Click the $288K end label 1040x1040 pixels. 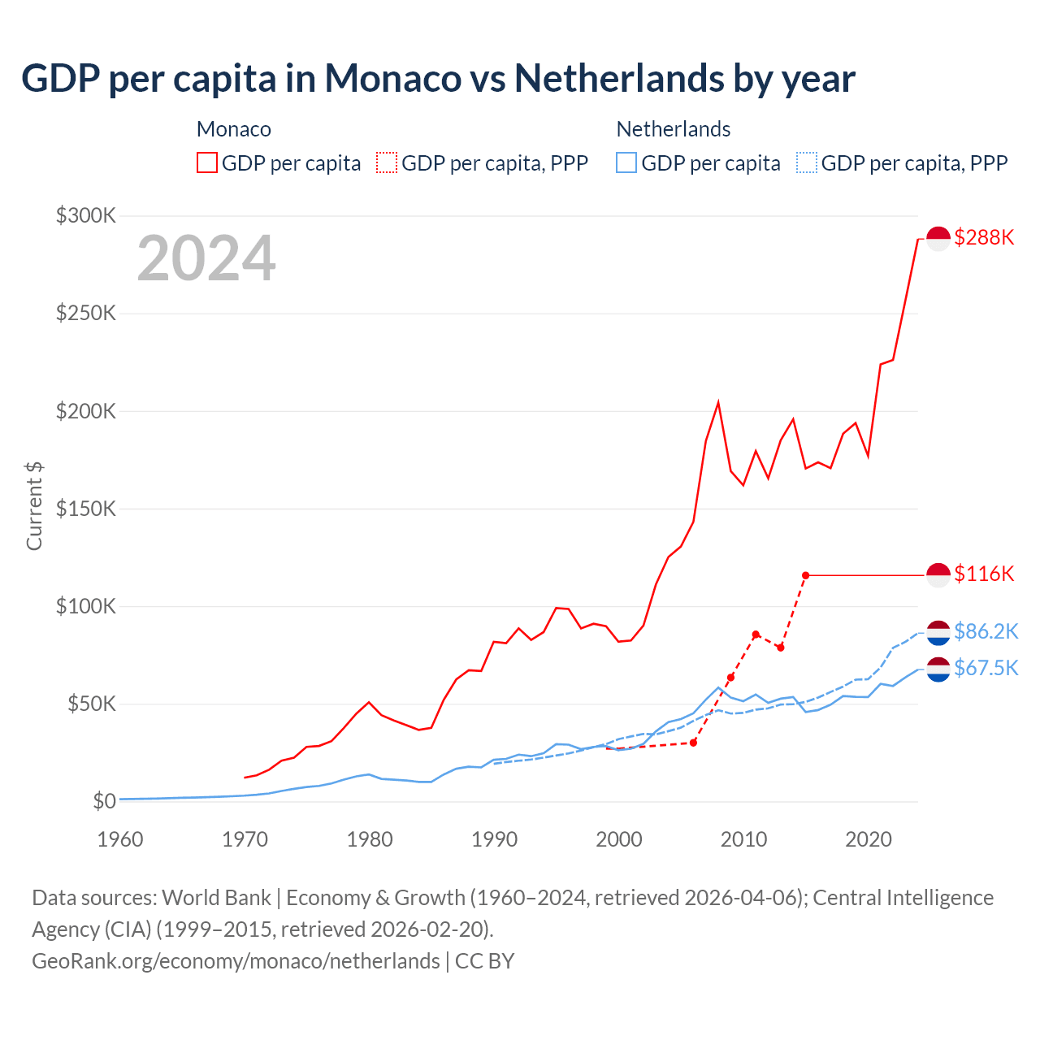[x=984, y=237]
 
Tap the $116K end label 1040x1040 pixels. [x=984, y=574]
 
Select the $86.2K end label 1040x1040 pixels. [x=986, y=631]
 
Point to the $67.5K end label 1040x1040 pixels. [x=986, y=668]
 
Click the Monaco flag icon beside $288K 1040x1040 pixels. [x=938, y=239]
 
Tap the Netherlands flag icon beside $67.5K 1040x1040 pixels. [x=938, y=669]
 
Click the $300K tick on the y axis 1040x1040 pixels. [x=86, y=215]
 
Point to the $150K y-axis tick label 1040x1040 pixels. [x=86, y=509]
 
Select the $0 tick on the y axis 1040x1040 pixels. [x=104, y=801]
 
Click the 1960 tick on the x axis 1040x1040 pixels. [x=120, y=839]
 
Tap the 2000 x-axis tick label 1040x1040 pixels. [x=619, y=839]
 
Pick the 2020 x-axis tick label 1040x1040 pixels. [x=869, y=839]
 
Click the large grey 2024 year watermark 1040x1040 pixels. [x=206, y=258]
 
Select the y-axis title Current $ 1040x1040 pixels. [x=34, y=505]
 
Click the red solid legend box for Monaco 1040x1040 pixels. [x=207, y=162]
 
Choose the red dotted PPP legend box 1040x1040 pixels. [x=387, y=162]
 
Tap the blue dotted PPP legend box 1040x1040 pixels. [x=807, y=162]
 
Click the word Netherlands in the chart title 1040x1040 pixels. [x=618, y=78]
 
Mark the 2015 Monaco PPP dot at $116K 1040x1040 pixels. [x=805, y=575]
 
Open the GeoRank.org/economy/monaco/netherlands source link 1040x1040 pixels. [x=236, y=960]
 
